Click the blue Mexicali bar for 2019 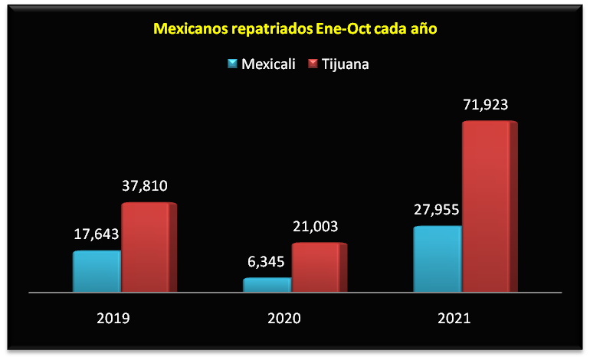point(97,271)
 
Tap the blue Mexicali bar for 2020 point(267,284)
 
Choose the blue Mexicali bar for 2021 point(438,259)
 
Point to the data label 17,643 point(97,234)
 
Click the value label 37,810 point(145,185)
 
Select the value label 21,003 point(315,226)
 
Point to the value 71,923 point(486,104)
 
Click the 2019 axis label point(113,317)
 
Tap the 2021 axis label point(454,317)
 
